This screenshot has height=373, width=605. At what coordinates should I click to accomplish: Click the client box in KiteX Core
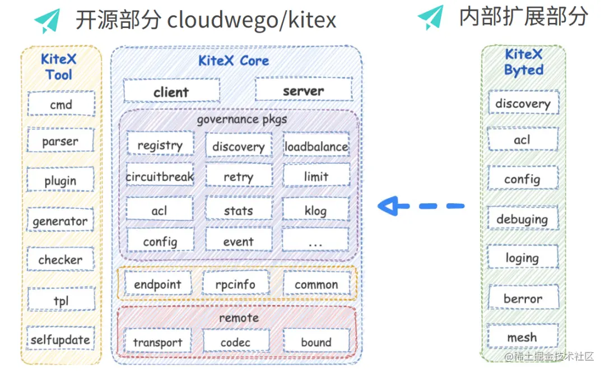click(171, 91)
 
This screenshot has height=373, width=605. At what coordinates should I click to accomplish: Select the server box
click(303, 90)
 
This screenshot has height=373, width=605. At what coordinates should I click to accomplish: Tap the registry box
click(160, 144)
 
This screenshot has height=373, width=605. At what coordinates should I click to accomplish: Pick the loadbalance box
click(316, 146)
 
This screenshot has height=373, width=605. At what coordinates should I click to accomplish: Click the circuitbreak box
click(160, 176)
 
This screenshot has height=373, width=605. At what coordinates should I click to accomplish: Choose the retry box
click(238, 176)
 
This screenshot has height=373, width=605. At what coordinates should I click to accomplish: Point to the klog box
click(315, 210)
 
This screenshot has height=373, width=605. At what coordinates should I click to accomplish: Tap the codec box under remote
click(235, 342)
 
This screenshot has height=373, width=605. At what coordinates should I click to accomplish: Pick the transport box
click(157, 342)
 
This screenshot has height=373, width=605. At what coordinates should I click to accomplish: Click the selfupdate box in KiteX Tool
click(61, 339)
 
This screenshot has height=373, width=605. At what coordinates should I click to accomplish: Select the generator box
click(61, 221)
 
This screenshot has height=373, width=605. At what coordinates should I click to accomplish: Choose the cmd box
click(61, 104)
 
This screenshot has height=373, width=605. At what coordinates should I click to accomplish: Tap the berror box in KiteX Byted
click(523, 298)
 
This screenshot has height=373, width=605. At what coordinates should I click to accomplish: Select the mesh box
click(522, 337)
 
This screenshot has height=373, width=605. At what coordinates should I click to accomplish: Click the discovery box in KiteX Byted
click(523, 104)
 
